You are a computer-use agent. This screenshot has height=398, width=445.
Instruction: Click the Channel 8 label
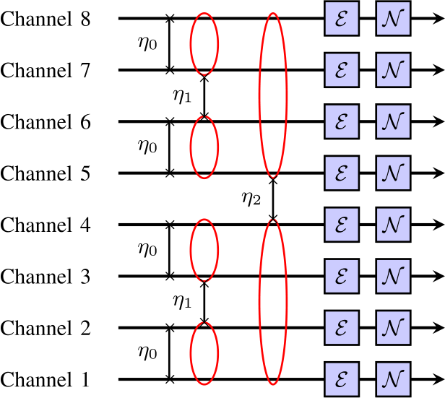(x=46, y=19)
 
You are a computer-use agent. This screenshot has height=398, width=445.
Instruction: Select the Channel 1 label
(x=46, y=378)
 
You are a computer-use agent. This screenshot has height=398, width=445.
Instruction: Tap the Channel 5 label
(x=46, y=173)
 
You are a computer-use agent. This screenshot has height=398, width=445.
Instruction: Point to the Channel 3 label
(x=46, y=276)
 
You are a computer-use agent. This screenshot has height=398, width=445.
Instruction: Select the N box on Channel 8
(x=393, y=19)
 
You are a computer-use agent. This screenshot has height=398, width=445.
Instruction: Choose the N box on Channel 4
(x=393, y=225)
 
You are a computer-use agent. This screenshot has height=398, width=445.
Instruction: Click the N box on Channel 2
(x=393, y=327)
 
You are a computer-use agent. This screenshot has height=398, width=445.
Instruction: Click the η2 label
(x=251, y=197)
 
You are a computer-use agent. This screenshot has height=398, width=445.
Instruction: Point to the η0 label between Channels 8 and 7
(x=147, y=43)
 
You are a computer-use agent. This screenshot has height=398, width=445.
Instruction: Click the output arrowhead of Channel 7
(x=438, y=70)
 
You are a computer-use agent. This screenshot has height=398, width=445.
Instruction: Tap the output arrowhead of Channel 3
(x=438, y=276)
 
